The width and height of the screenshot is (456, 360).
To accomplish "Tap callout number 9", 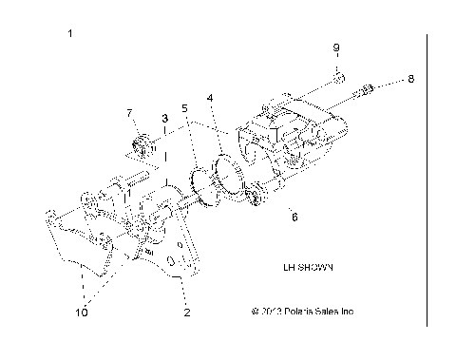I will click(x=336, y=47).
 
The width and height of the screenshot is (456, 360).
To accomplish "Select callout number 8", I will click(x=410, y=80).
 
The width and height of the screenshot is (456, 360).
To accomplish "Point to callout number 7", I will click(x=131, y=114).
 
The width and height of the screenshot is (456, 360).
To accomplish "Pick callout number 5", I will click(x=185, y=109).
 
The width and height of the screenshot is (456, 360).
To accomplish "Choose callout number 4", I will click(x=210, y=97).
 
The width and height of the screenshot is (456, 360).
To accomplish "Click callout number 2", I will click(x=186, y=311).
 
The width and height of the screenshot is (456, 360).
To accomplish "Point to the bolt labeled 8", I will click(x=367, y=91).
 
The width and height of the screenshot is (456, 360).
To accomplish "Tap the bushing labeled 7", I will click(x=142, y=146).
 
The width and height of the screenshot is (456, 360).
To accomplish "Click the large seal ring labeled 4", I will click(x=227, y=175).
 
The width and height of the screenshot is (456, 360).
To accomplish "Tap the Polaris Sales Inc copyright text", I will click(x=302, y=311).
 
